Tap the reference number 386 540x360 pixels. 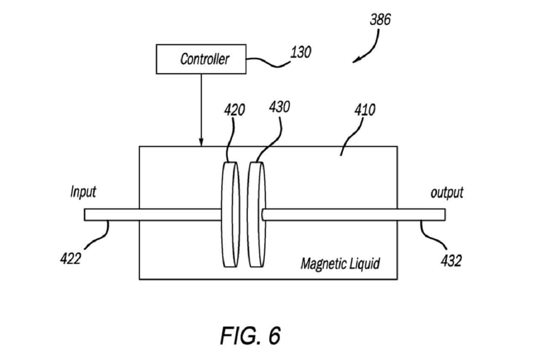click(x=380, y=19)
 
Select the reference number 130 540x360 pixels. click(x=301, y=52)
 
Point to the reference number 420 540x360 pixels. click(x=235, y=110)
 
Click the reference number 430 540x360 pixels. click(x=279, y=107)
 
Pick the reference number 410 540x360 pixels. click(x=365, y=110)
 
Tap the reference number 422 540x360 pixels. click(x=70, y=259)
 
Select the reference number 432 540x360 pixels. click(x=451, y=261)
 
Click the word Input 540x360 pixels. click(x=83, y=192)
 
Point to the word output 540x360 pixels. click(x=447, y=193)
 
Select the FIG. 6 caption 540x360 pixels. click(x=251, y=336)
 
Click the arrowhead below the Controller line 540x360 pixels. click(x=201, y=142)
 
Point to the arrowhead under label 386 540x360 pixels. click(x=356, y=60)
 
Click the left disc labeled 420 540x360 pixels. click(x=231, y=214)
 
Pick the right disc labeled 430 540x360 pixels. click(x=257, y=214)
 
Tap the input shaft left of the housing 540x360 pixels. click(x=112, y=214)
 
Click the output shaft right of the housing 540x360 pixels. click(x=421, y=214)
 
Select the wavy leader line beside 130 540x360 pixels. click(x=268, y=62)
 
